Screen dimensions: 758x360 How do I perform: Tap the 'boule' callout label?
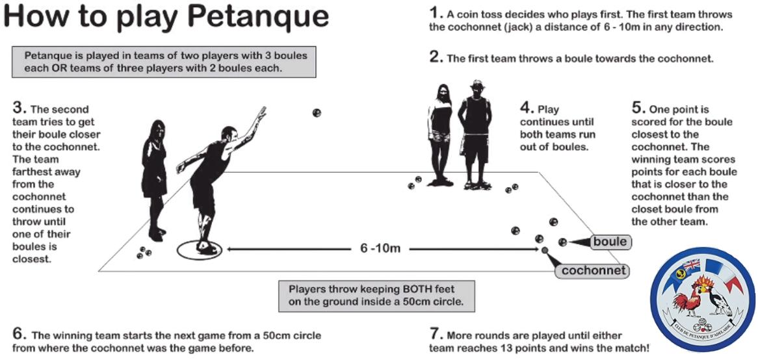click(x=610, y=242)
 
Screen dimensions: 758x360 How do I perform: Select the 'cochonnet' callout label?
click(x=593, y=270)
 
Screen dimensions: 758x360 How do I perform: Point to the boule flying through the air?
click(x=317, y=113)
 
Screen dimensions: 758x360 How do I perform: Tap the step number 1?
click(x=435, y=13)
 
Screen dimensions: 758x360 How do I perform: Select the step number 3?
click(x=18, y=108)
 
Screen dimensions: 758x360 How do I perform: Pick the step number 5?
click(x=638, y=108)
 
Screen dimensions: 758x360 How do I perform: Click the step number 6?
click(x=19, y=334)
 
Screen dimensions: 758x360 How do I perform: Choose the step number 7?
click(x=436, y=334)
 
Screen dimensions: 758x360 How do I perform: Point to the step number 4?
click(x=527, y=108)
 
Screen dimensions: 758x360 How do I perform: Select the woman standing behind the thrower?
click(x=155, y=175)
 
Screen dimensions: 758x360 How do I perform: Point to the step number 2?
click(x=436, y=57)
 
